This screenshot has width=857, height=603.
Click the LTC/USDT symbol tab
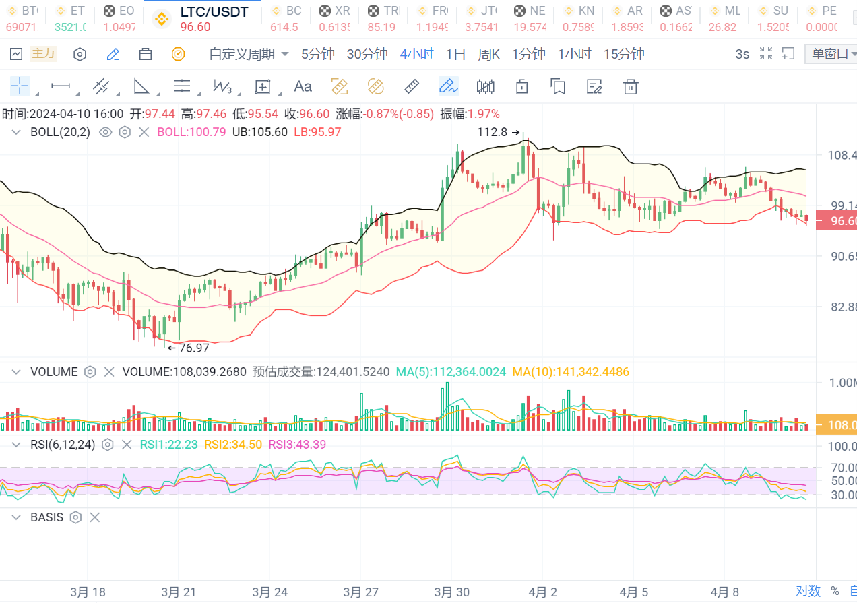pyautogui.click(x=214, y=12)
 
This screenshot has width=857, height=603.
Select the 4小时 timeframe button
pyautogui.click(x=416, y=55)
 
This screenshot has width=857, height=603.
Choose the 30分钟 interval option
pyautogui.click(x=367, y=55)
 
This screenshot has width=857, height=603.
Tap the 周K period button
pyautogui.click(x=488, y=55)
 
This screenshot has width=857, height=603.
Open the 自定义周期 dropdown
pyautogui.click(x=249, y=55)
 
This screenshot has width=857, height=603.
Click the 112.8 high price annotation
pyautogui.click(x=493, y=133)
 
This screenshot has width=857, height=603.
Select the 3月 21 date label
pyautogui.click(x=179, y=592)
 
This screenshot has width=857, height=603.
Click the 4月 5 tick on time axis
pyautogui.click(x=634, y=592)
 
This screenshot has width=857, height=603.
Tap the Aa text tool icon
pyautogui.click(x=303, y=86)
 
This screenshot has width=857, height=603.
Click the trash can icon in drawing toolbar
pyautogui.click(x=631, y=86)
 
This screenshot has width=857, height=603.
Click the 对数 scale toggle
pyautogui.click(x=808, y=591)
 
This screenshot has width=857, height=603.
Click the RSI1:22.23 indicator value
pyautogui.click(x=168, y=445)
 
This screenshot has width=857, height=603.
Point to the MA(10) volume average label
pyautogui.click(x=571, y=371)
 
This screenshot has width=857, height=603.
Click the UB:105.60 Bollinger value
pyautogui.click(x=259, y=133)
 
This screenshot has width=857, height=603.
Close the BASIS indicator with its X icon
pyautogui.click(x=95, y=517)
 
